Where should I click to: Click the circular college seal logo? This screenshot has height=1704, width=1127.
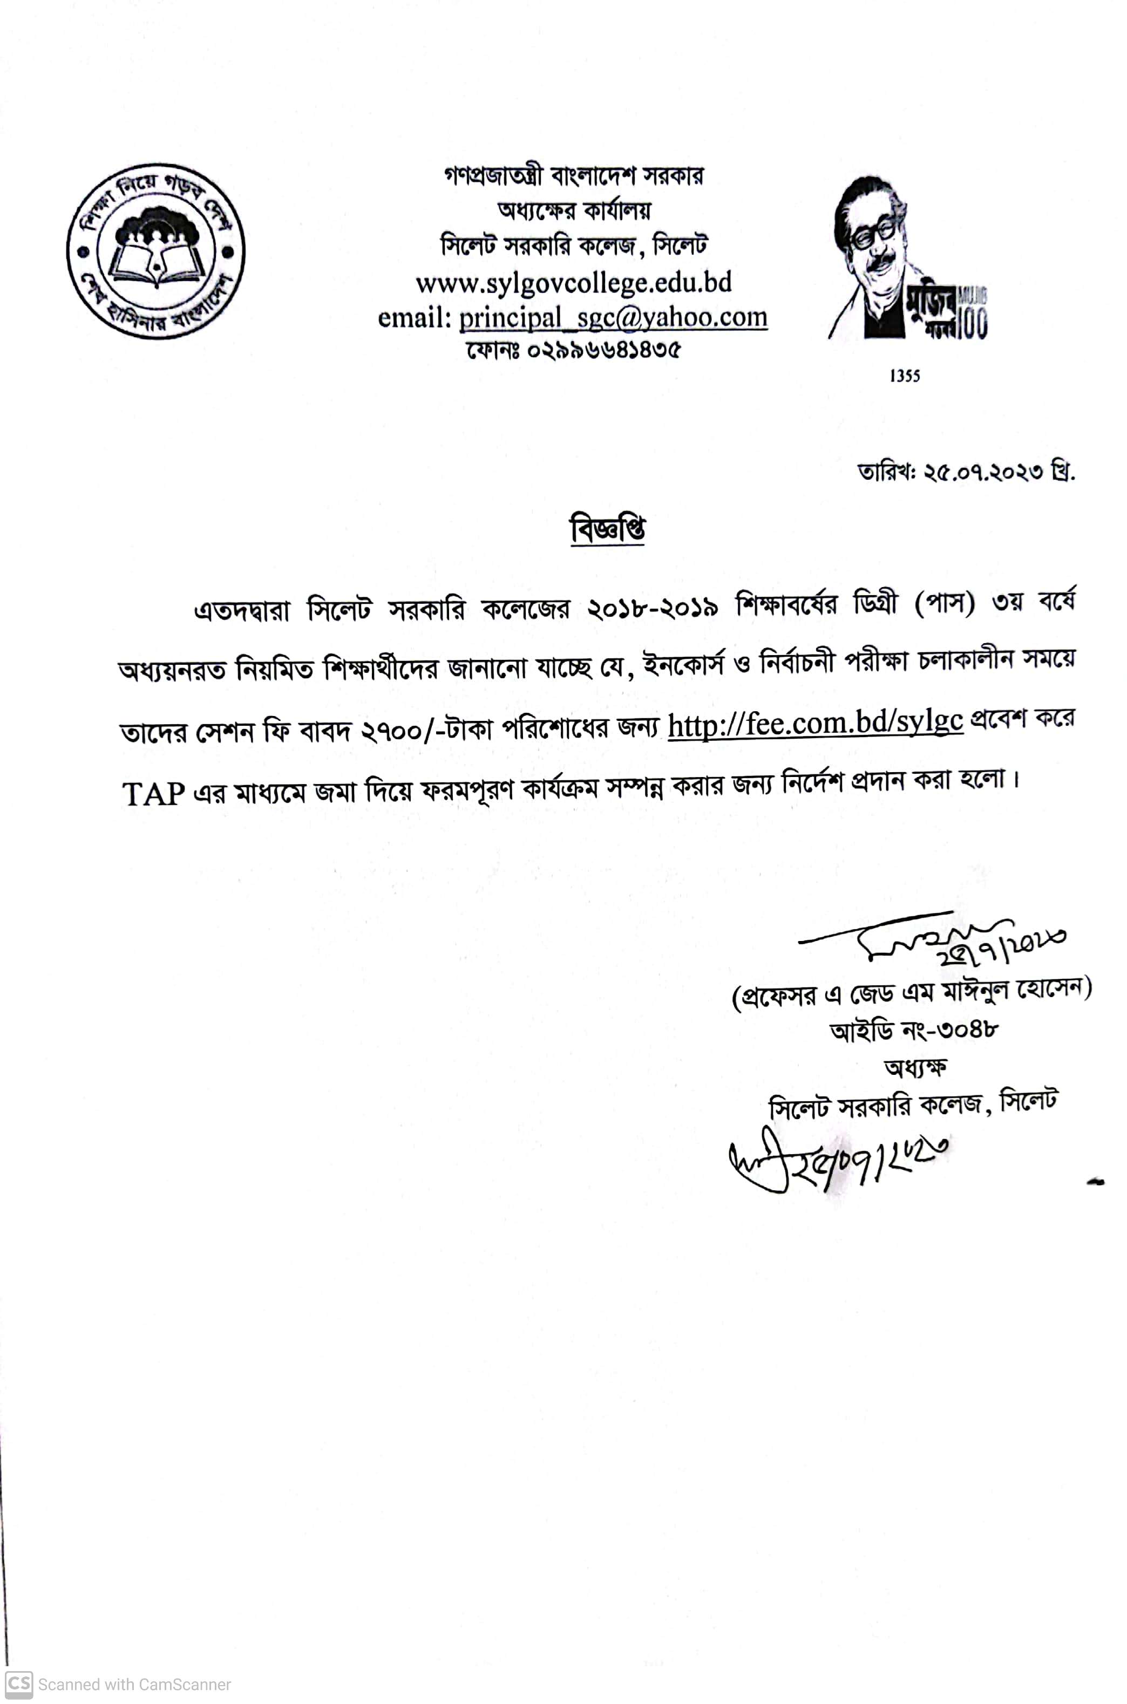[156, 251]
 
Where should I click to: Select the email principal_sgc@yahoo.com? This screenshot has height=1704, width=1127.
[613, 317]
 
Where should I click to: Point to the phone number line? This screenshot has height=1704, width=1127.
[573, 351]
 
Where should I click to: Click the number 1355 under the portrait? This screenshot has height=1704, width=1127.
[904, 376]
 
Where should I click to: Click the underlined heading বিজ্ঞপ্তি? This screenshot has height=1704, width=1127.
[607, 529]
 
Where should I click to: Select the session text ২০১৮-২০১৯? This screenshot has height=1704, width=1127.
[653, 609]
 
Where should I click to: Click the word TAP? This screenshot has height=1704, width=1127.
[154, 794]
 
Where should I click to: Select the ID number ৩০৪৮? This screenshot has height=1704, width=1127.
[967, 1030]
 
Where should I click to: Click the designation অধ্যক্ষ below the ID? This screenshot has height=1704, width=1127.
[914, 1067]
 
